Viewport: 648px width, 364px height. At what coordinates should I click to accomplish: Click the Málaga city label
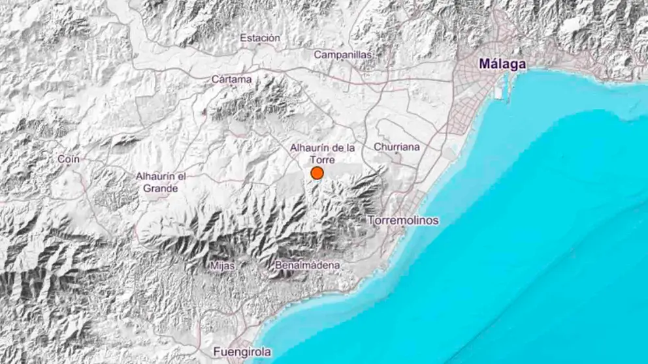click(502, 64)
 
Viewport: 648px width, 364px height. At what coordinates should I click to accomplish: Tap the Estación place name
click(260, 38)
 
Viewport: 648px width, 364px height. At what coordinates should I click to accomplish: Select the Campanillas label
click(343, 55)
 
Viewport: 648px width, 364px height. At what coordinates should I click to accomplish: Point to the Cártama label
click(231, 79)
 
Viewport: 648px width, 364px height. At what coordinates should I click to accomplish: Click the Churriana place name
click(397, 147)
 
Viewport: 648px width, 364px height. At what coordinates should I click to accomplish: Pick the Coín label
click(69, 159)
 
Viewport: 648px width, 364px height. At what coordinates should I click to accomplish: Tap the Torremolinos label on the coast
click(404, 220)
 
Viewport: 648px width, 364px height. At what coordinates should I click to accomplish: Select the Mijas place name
click(223, 265)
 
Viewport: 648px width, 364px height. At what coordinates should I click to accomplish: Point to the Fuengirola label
click(242, 352)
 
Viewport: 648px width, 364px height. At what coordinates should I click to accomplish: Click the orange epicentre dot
click(317, 173)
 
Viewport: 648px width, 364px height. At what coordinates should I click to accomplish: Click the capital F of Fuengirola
click(216, 352)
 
